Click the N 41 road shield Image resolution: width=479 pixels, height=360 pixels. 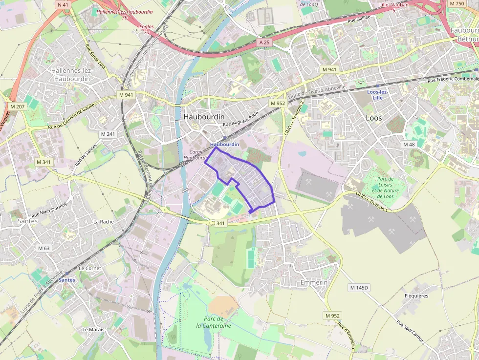[63, 5]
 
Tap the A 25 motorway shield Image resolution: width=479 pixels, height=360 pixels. [264, 42]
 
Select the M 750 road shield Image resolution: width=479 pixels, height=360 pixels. [457, 4]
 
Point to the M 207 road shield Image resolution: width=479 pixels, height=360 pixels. [17, 106]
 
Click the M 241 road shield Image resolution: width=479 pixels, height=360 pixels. [108, 134]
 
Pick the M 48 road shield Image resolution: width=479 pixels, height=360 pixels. [409, 145]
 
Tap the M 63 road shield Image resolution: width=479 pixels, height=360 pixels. [44, 248]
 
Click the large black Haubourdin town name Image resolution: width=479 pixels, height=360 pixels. [204, 117]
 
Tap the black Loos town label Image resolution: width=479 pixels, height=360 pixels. [374, 118]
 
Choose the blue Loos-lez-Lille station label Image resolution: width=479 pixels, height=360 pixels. [377, 95]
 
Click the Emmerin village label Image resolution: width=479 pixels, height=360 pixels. [313, 283]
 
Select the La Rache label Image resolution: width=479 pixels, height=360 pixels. [104, 221]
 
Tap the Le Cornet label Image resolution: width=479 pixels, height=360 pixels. [90, 268]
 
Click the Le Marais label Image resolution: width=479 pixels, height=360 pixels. [93, 329]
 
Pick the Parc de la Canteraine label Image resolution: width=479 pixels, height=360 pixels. [213, 322]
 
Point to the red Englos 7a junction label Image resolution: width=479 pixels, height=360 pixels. [146, 29]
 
